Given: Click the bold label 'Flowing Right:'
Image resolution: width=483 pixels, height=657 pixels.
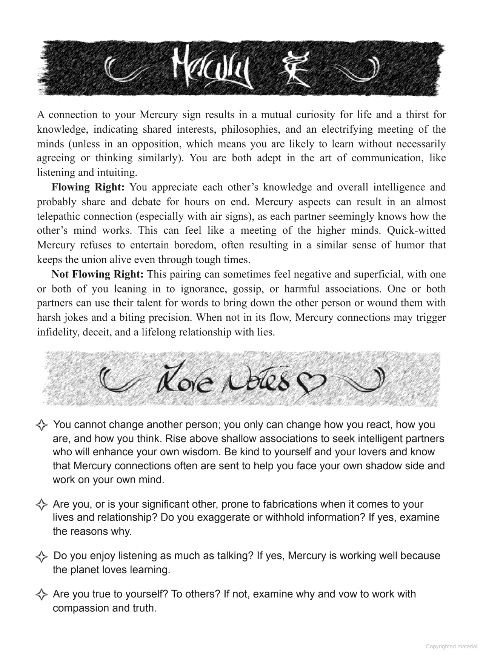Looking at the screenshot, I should coord(88,187).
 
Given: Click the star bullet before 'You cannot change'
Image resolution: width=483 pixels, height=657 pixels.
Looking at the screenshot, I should coord(42,426).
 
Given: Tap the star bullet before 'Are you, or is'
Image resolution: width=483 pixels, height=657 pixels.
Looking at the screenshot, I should coord(42,505).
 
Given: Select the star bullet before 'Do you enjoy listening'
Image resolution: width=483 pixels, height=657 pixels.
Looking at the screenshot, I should coord(42,556).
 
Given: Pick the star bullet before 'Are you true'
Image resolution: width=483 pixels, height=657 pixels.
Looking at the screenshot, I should coord(42,595).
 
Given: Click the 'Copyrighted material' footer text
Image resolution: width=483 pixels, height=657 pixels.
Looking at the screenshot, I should coord(452,646).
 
